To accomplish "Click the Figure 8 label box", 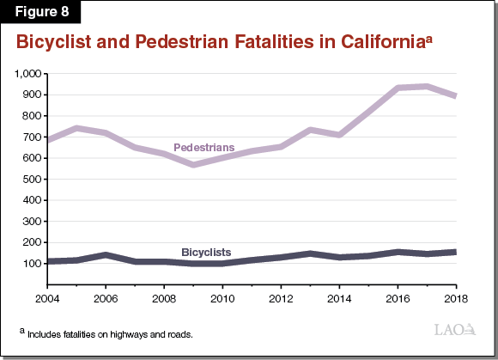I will pos(42,12).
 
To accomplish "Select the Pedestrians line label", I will pos(204,148).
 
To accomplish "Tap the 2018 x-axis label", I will pos(455,297).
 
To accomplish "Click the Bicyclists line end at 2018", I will pos(454,252).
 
